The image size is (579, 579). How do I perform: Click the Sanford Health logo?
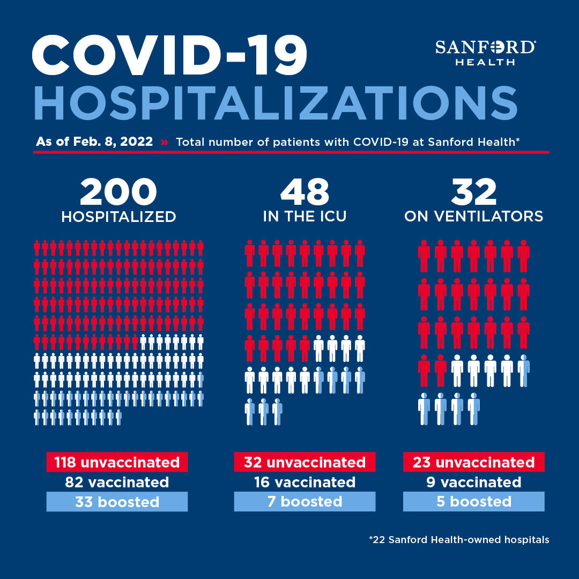click(x=485, y=53)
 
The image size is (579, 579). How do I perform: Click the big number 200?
click(x=118, y=191)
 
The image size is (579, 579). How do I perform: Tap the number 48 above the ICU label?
click(x=305, y=191)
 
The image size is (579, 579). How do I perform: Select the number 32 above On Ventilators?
click(x=474, y=191)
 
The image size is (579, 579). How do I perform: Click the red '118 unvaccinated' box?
click(x=117, y=462)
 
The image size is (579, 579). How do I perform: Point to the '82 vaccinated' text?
click(x=117, y=482)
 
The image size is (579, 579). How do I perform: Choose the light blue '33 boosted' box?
click(x=117, y=501)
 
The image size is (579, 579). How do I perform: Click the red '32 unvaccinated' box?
click(x=305, y=462)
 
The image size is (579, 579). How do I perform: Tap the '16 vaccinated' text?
click(x=305, y=482)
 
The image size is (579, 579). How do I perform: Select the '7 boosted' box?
click(x=305, y=501)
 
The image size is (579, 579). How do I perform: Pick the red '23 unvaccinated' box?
click(x=474, y=462)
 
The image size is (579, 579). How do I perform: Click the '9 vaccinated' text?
click(x=474, y=482)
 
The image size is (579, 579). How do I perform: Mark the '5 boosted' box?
click(x=474, y=501)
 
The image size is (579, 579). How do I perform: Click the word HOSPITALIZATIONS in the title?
click(x=276, y=103)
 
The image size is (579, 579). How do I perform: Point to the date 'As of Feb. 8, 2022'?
click(x=94, y=142)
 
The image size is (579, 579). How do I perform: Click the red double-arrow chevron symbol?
click(x=165, y=142)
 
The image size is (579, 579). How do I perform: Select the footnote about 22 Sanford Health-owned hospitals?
click(x=459, y=539)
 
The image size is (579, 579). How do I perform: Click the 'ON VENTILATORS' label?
click(x=474, y=217)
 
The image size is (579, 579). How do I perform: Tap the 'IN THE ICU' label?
click(x=305, y=217)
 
